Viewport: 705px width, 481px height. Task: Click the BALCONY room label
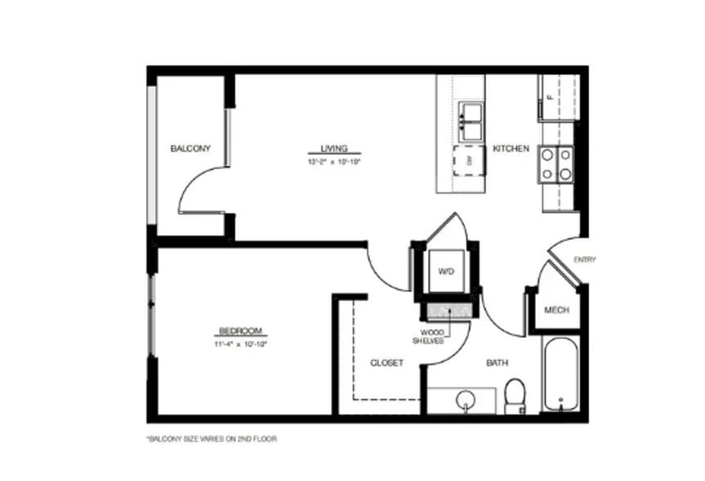point(190,149)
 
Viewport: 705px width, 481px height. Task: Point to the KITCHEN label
point(511,149)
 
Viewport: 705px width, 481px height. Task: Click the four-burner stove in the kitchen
point(555,162)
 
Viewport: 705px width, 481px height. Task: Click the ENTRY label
point(585,260)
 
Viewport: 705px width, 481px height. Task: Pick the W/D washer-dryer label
point(446,271)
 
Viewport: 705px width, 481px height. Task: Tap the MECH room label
point(556,311)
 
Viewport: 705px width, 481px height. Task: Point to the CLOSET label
point(386,362)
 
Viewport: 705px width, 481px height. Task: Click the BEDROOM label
point(240,331)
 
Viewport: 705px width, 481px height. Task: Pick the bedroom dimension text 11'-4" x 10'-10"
point(240,344)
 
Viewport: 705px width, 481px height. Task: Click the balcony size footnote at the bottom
point(212,439)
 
